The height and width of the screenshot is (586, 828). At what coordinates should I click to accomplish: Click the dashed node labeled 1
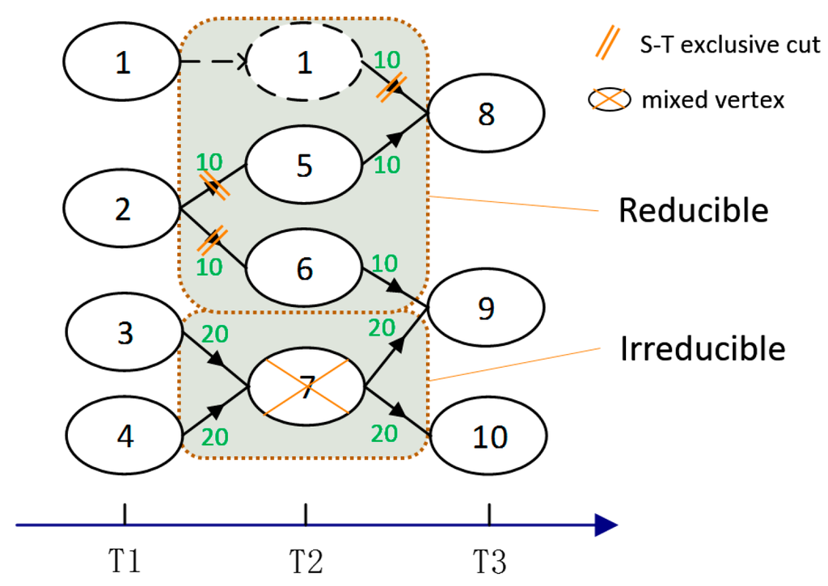click(x=305, y=61)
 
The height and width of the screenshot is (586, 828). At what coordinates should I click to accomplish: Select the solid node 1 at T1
click(x=122, y=61)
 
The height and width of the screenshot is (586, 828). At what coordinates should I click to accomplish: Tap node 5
click(x=305, y=165)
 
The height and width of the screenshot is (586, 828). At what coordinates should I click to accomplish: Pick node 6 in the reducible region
click(x=305, y=268)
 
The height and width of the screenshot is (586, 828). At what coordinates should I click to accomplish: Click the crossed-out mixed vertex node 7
click(x=306, y=386)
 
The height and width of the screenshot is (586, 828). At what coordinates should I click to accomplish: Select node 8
click(x=486, y=113)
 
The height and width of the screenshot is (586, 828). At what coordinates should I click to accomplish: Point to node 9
click(x=486, y=307)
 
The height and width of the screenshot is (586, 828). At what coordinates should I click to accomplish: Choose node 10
click(x=489, y=436)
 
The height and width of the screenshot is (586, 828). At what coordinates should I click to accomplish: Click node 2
click(x=122, y=208)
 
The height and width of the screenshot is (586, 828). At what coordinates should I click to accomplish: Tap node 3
click(x=125, y=331)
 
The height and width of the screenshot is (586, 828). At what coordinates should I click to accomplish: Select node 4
click(x=125, y=436)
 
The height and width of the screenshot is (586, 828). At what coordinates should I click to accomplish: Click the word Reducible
click(x=693, y=210)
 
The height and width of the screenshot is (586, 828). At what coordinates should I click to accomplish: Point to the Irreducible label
click(x=703, y=348)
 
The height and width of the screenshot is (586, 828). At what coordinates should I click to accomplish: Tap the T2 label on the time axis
click(x=306, y=561)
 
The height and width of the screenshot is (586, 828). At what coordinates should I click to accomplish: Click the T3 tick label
click(x=489, y=561)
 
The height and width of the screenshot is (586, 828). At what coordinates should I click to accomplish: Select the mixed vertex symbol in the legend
click(x=610, y=99)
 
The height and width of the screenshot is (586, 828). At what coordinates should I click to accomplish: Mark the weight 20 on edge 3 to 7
click(x=215, y=334)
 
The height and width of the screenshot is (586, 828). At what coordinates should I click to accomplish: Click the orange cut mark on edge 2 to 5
click(x=214, y=185)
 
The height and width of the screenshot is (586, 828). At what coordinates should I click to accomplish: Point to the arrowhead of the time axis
click(x=606, y=525)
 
